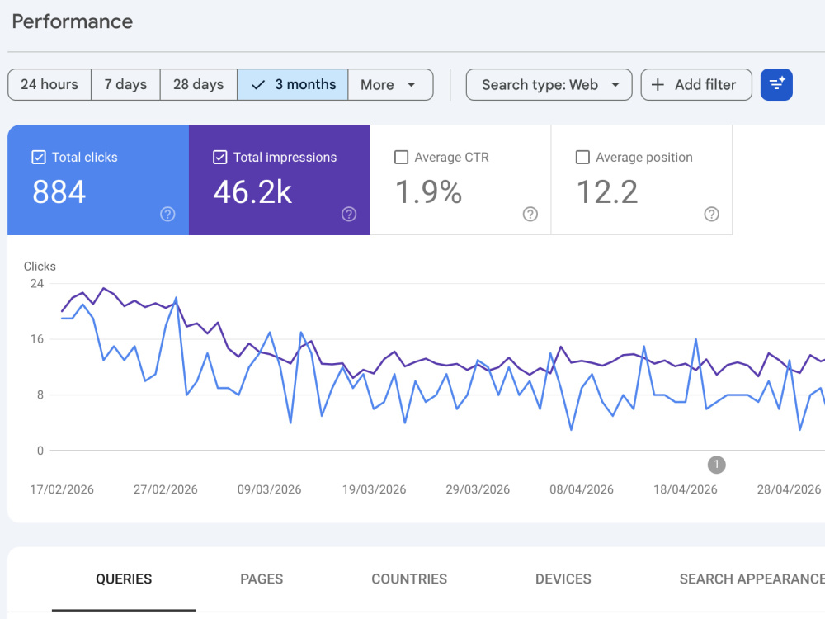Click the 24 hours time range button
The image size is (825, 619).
point(49,84)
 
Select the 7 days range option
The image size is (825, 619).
point(125,84)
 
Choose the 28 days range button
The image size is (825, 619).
point(198,84)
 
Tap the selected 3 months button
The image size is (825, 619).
point(293,84)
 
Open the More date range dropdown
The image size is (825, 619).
point(390,84)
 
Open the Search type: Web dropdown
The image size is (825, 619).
point(549,84)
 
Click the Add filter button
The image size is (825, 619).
point(696,84)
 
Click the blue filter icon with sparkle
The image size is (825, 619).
point(776,84)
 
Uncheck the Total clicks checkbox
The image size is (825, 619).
point(39,157)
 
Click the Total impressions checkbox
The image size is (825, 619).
point(220,157)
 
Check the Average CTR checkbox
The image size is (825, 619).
point(401,157)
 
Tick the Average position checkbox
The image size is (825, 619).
point(582,157)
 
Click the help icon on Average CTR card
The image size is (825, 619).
point(530,215)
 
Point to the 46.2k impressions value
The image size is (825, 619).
point(252,191)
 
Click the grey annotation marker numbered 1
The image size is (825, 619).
point(716,465)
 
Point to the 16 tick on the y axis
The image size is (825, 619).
point(37,339)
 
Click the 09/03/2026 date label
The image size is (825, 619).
point(270,489)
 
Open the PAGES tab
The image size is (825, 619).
point(262,579)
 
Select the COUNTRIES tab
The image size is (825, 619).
point(409,579)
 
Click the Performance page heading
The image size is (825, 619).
point(72,21)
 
